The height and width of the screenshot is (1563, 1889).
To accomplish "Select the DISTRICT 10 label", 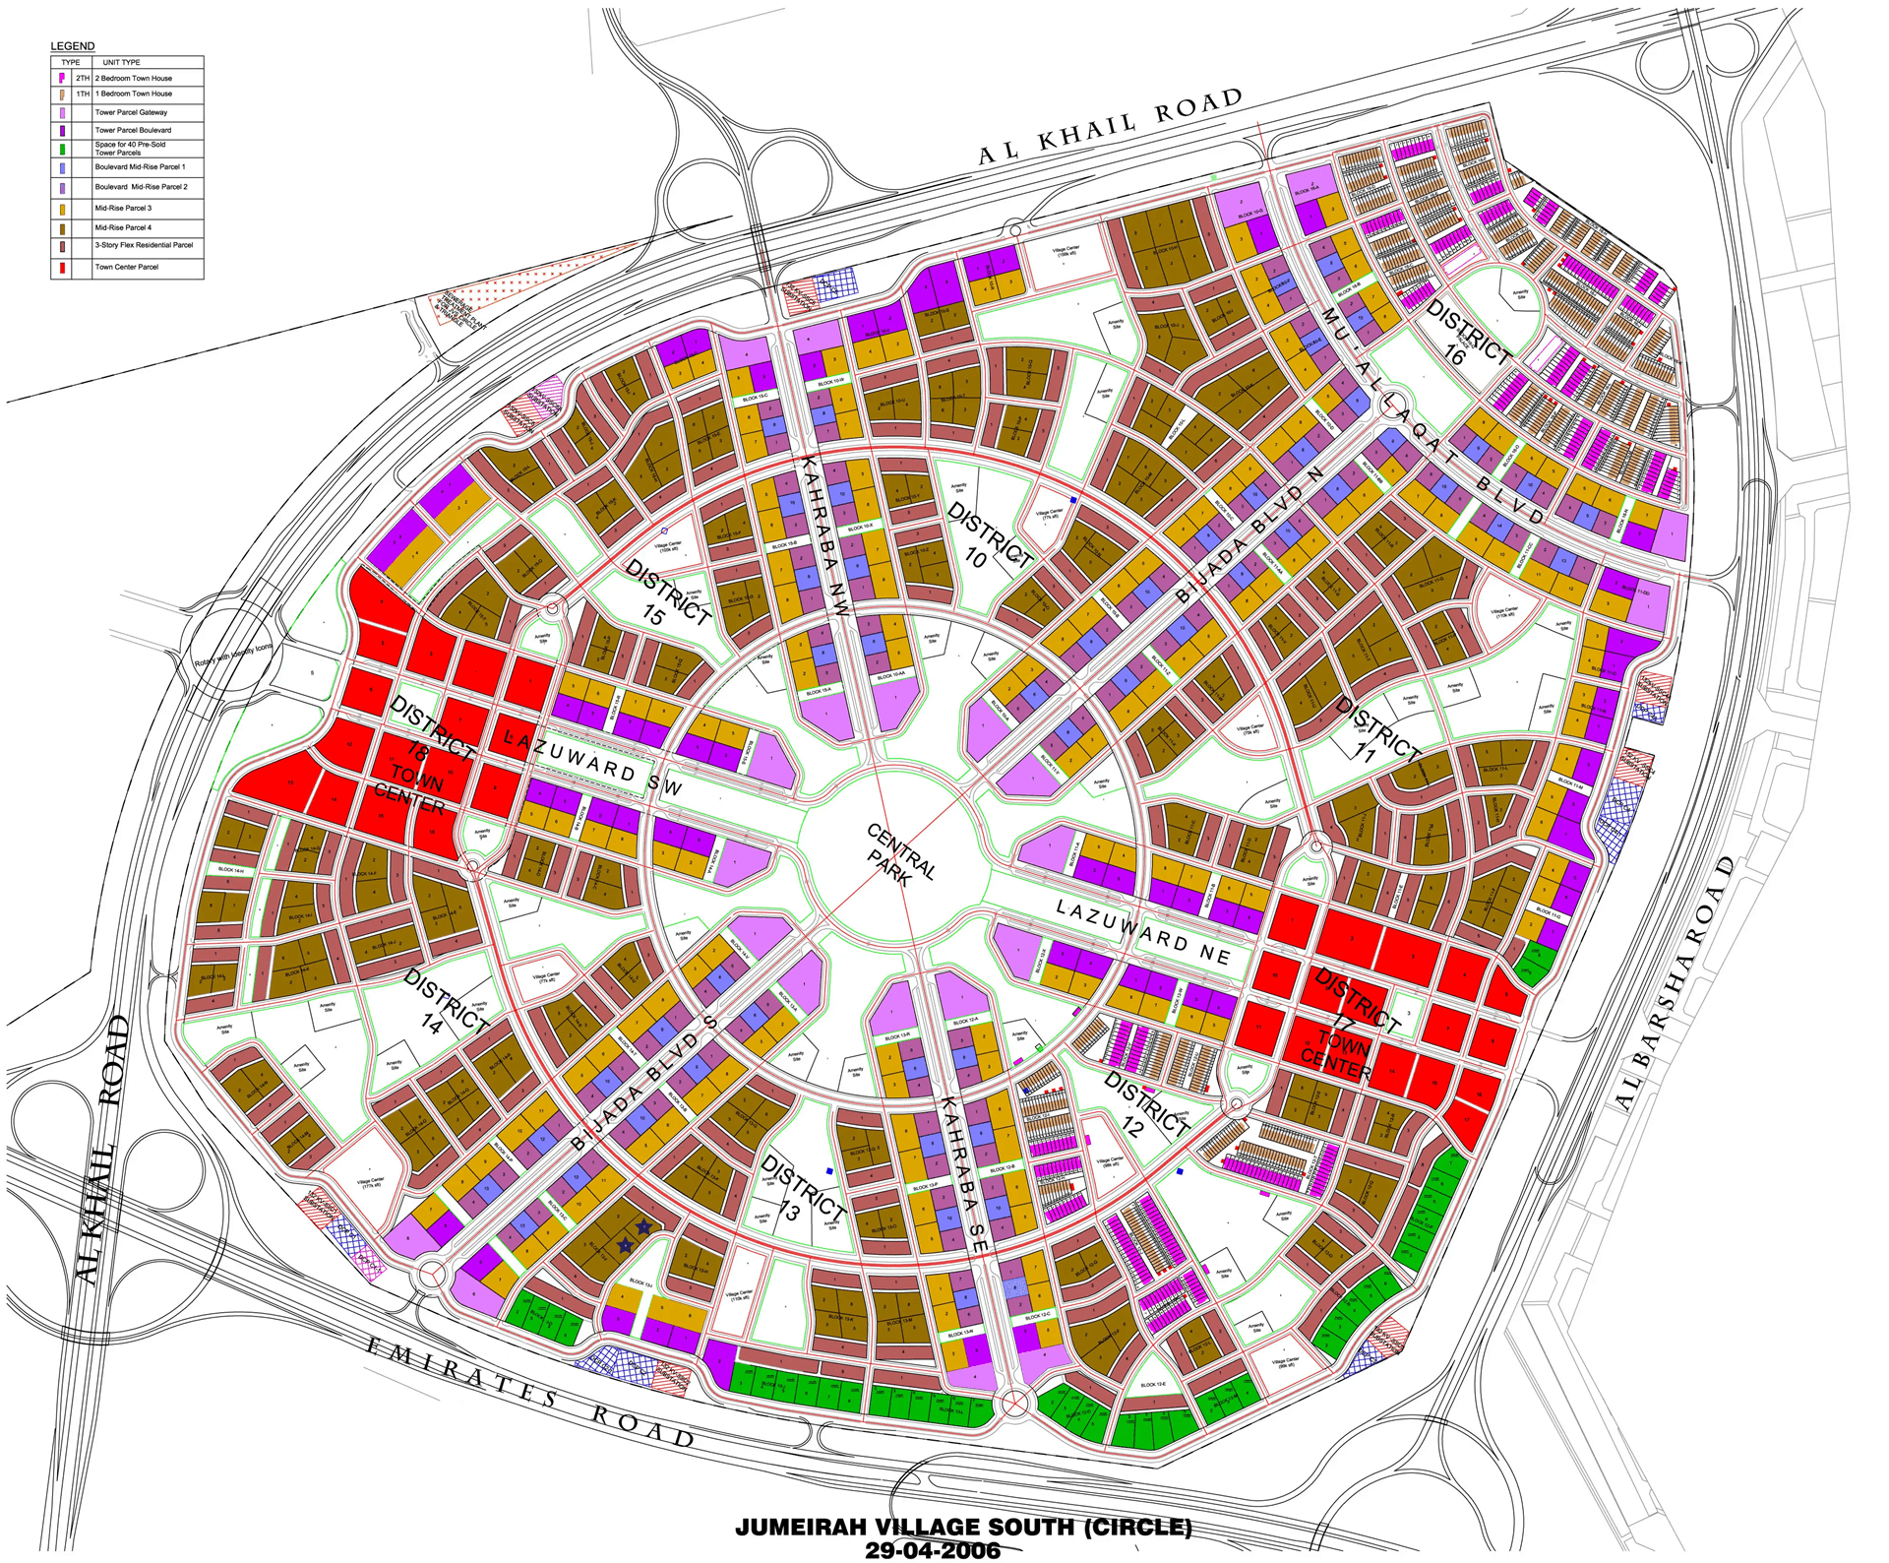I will coord(988,537).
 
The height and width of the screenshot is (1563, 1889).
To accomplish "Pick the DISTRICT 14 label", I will coord(445,1002).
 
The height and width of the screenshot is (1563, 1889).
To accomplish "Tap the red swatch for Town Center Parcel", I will coord(63,268).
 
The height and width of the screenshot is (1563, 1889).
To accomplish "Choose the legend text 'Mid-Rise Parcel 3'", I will coord(123,209).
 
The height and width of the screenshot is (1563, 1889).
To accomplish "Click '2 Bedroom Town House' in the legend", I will coord(133,78).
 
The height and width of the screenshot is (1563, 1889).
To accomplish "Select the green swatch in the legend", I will coord(63,150).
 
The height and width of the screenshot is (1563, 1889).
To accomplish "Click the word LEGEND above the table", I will coord(73,46).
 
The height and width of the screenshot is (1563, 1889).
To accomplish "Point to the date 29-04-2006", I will coord(932,1550).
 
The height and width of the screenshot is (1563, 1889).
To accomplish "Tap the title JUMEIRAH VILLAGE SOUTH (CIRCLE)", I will coord(963,1527).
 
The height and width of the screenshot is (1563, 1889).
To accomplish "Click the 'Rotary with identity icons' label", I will coord(232,655).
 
